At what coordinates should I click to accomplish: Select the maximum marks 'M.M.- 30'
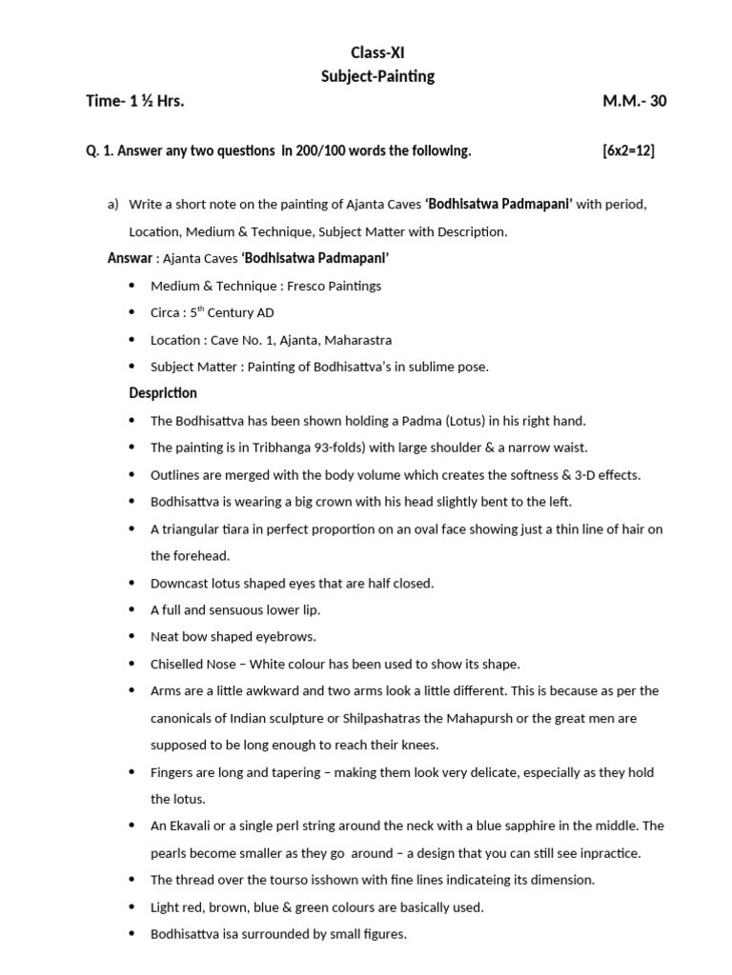tap(634, 101)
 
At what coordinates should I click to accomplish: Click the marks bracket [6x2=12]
tap(628, 150)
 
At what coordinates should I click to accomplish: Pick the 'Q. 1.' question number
tap(100, 150)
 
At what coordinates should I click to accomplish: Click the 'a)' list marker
tap(112, 205)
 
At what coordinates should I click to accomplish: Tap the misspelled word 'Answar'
tap(130, 258)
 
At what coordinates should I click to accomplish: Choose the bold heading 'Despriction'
tap(163, 393)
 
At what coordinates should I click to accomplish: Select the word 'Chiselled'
tap(178, 664)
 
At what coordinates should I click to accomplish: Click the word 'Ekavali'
tap(193, 826)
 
